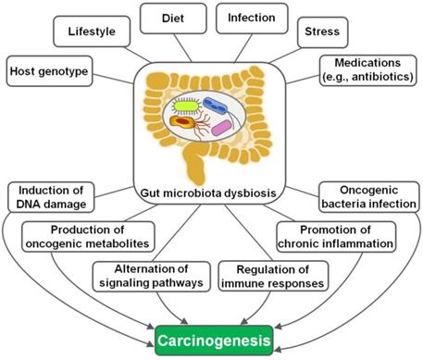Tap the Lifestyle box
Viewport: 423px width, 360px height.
[x=91, y=31]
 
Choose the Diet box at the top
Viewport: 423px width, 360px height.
[x=171, y=16]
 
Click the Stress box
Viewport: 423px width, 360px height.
[x=328, y=32]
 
